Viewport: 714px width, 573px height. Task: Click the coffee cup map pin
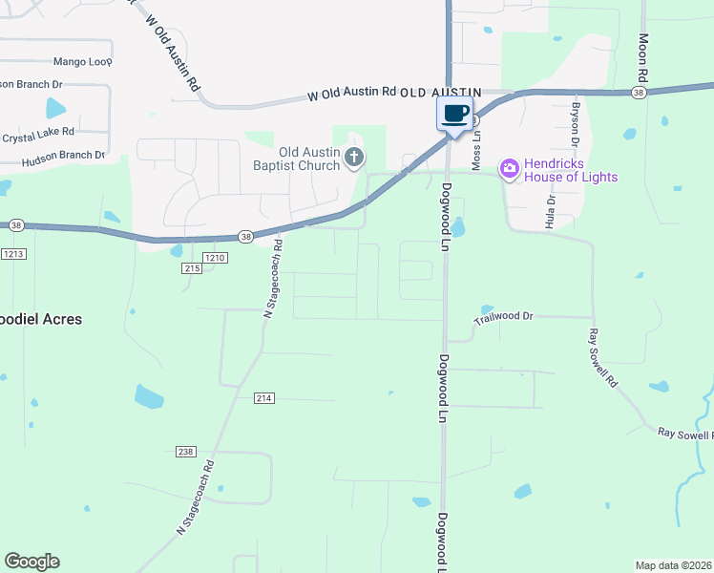point(455,114)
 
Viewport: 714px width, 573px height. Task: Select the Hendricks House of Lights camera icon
point(509,169)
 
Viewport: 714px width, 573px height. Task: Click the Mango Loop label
point(82,60)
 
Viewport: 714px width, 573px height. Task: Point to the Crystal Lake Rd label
point(39,137)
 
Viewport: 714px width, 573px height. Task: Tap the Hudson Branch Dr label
point(62,154)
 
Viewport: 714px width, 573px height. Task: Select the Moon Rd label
point(643,57)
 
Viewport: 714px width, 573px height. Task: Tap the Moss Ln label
point(476,147)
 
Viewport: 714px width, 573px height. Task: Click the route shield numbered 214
point(264,397)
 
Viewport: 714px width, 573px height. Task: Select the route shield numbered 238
point(186,452)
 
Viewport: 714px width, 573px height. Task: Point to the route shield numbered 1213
point(13,254)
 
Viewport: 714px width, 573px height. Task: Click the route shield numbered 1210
point(215,258)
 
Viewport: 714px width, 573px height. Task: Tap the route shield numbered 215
point(191,269)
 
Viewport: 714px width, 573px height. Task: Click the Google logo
point(31,562)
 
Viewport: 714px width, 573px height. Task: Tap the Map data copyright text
point(674,564)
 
